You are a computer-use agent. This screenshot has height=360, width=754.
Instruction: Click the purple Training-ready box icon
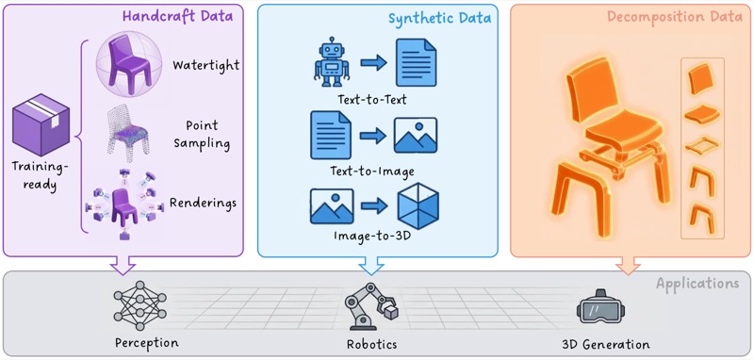pos(41,124)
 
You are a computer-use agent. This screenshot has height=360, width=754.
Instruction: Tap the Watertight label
pos(206,64)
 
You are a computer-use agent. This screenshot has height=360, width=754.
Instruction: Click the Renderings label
pos(203,204)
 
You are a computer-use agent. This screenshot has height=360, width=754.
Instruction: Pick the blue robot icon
pos(332,62)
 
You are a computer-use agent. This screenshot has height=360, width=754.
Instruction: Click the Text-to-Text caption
pos(372,100)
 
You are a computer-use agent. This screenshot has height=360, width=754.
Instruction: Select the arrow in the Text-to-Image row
pos(372,136)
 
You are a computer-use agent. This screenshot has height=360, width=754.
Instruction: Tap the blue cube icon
pos(418,206)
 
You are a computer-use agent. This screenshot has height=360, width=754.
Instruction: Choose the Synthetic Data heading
pos(439,18)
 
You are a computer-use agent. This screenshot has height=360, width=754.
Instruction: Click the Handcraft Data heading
pos(177,16)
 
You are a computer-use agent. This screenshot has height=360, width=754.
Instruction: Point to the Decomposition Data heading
pos(675,17)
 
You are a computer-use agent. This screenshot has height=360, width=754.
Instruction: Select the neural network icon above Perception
pos(139,305)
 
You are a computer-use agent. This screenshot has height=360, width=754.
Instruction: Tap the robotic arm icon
pos(371,305)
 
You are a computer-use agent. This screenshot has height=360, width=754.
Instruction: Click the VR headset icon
pos(597,307)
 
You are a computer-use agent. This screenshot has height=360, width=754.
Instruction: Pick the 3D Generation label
pos(605,344)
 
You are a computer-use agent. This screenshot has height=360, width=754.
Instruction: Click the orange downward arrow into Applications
pos(628,266)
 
